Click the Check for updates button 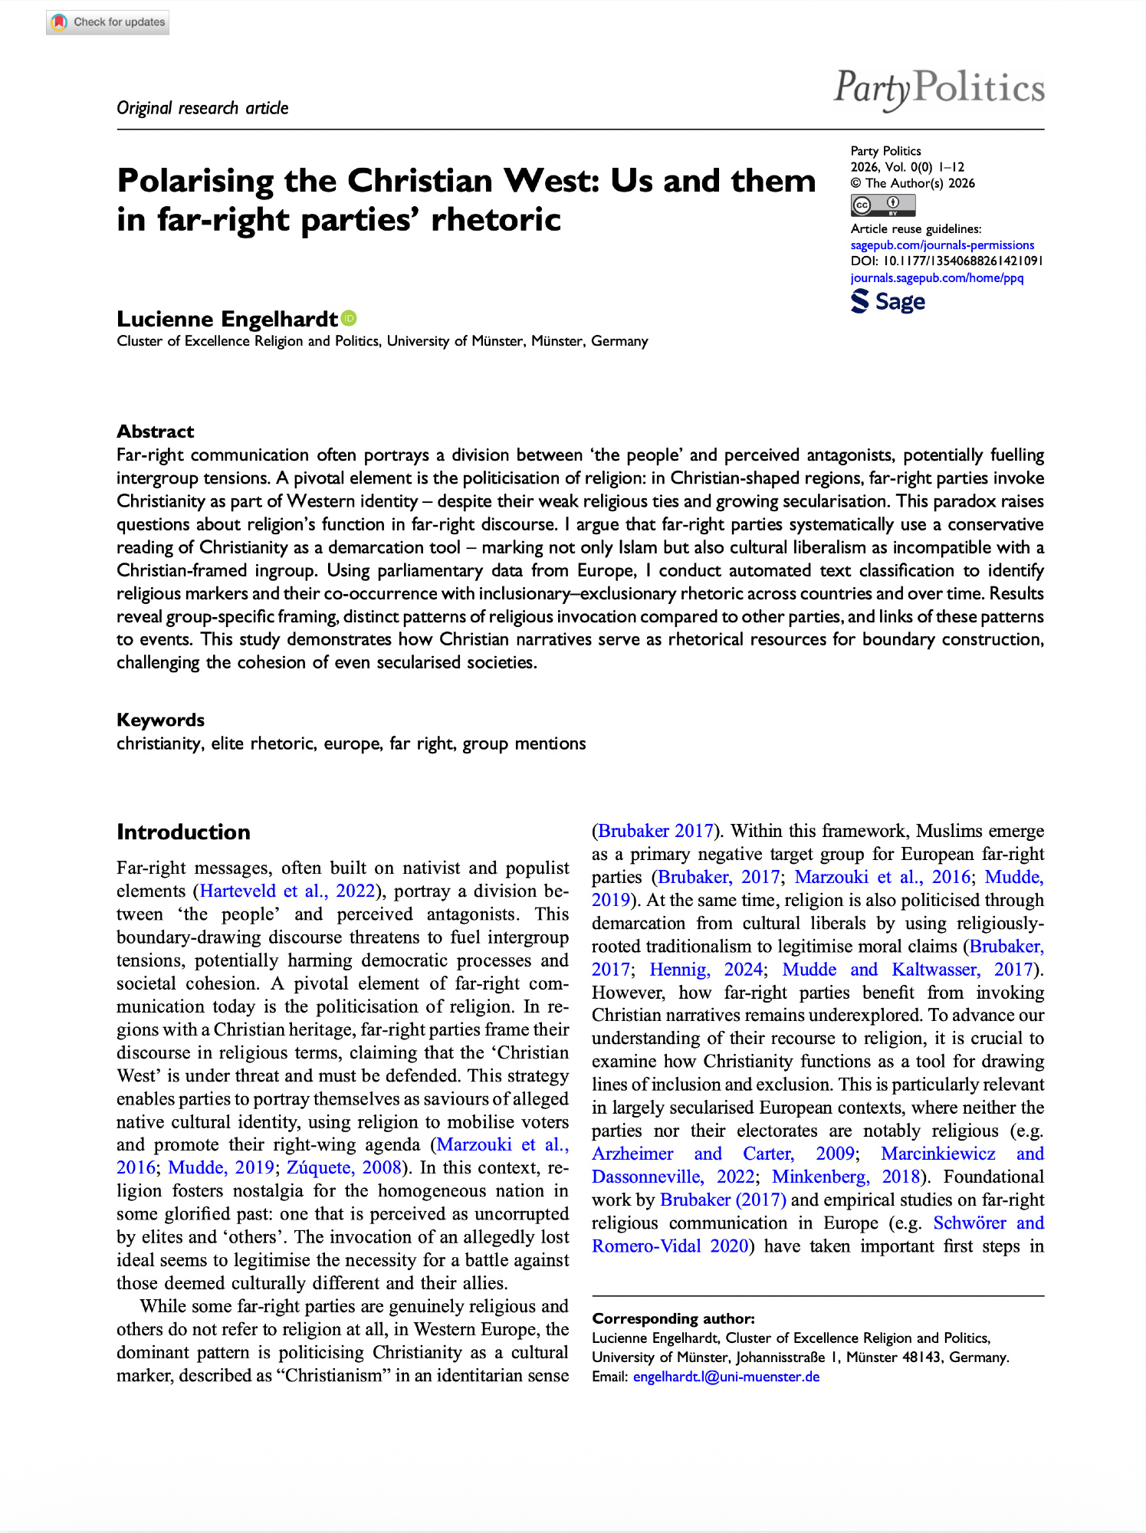click(108, 22)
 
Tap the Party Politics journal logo click(939, 88)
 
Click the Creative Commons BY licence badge click(882, 205)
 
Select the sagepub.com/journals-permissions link click(942, 245)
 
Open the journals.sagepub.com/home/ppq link click(937, 277)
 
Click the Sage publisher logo click(888, 301)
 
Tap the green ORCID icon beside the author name click(350, 318)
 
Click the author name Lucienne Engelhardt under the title click(227, 319)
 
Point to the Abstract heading click(155, 432)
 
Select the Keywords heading click(160, 720)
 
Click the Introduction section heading click(183, 832)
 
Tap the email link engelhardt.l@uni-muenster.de click(726, 1377)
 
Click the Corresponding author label click(673, 1318)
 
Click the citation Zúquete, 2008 click(343, 1167)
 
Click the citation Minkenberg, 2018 click(846, 1177)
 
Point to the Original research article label click(202, 108)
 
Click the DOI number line click(946, 261)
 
